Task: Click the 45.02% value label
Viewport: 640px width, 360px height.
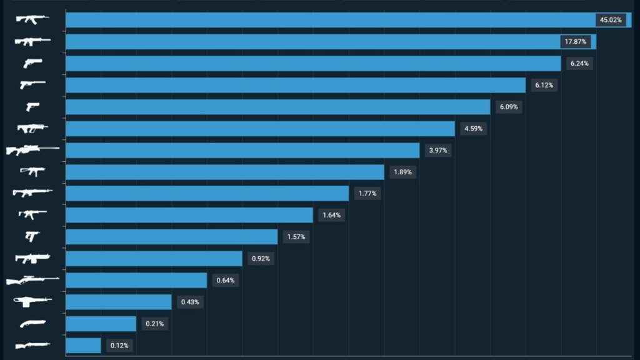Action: coord(610,20)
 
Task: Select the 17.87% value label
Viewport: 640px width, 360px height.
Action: coord(575,42)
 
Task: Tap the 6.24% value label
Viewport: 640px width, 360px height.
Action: coord(578,63)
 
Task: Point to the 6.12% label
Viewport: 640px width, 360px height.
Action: coord(543,85)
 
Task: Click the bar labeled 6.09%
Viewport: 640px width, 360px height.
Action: coord(277,107)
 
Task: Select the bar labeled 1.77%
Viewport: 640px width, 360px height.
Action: coord(207,194)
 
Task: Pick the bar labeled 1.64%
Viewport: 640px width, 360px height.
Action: coord(189,215)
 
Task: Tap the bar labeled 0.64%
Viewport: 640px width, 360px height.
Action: coord(136,280)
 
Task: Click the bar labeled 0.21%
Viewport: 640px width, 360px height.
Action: coord(101,324)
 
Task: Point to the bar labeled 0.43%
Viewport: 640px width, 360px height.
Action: coord(118,302)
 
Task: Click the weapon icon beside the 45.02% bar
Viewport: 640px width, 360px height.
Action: coord(32,19)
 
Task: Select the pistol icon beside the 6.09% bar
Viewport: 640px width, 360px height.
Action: coord(32,107)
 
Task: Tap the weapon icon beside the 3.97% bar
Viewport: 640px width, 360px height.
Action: coord(32,150)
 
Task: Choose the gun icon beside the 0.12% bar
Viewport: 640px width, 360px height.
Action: coord(32,345)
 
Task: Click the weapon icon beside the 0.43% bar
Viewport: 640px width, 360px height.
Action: coord(32,301)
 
